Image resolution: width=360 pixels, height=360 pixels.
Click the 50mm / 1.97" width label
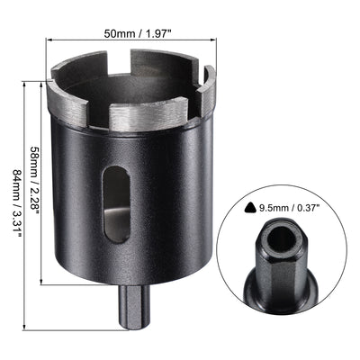tap(137, 33)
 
